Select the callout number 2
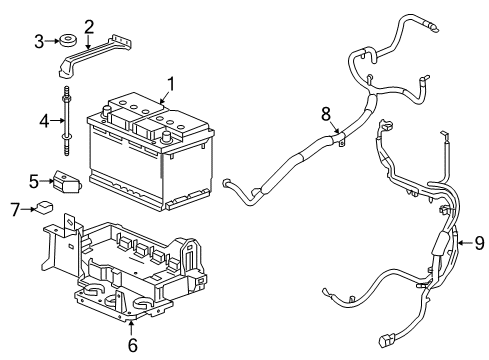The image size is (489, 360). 89,27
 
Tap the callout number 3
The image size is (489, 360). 39,41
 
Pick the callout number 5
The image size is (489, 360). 33,181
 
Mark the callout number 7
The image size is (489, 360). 14,208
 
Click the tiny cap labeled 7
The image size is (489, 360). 44,209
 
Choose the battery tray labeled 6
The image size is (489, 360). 130,270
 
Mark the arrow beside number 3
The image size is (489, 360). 53,41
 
